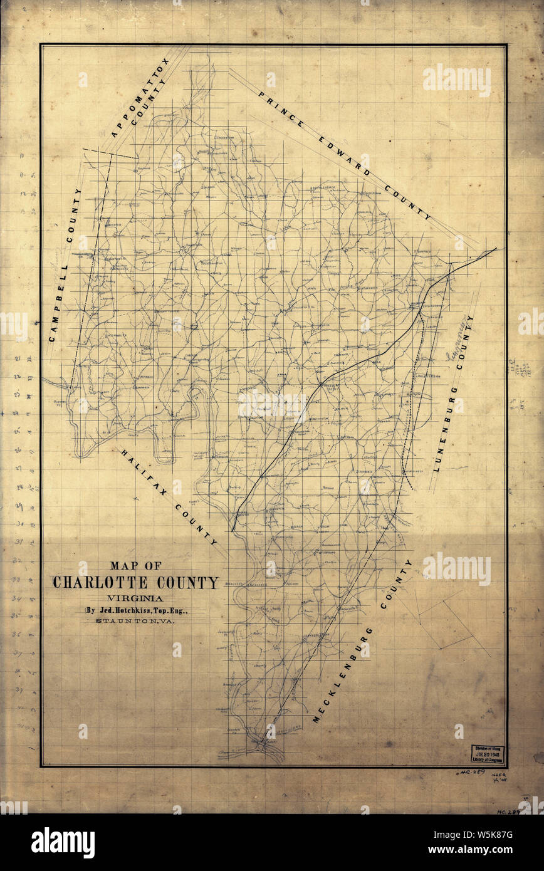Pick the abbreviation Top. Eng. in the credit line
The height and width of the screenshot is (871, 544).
point(179,610)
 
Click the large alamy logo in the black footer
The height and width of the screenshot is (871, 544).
point(63,843)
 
